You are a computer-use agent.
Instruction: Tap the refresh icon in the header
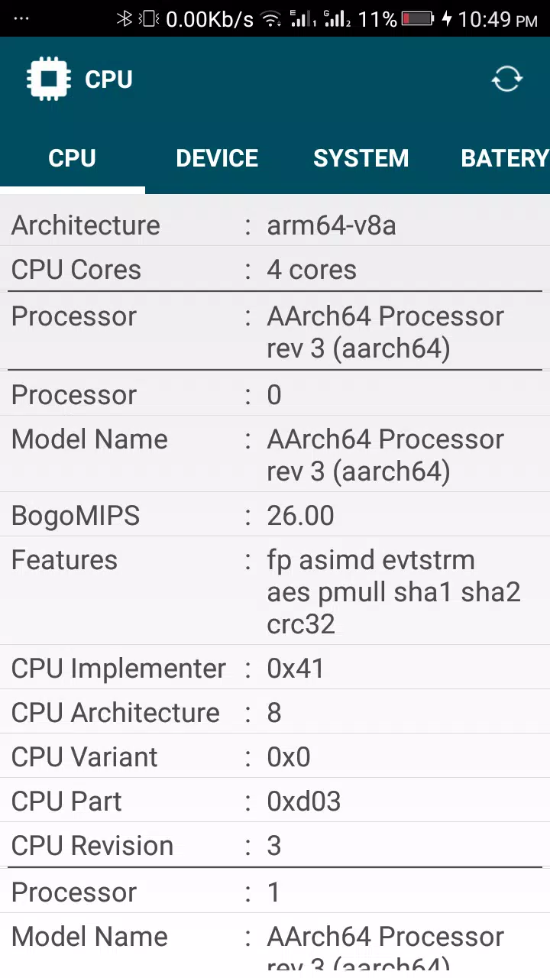pyautogui.click(x=506, y=79)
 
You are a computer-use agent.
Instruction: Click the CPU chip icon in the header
pyautogui.click(x=48, y=79)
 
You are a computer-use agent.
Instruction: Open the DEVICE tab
pyautogui.click(x=217, y=158)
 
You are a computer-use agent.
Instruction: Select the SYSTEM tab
pyautogui.click(x=361, y=158)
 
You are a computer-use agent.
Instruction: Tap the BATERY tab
pyautogui.click(x=505, y=158)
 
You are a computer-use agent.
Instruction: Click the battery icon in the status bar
pyautogui.click(x=418, y=19)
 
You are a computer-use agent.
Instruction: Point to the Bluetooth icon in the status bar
pyautogui.click(x=125, y=19)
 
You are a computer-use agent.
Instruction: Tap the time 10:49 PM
pyautogui.click(x=497, y=20)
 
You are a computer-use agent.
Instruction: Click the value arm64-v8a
pyautogui.click(x=332, y=225)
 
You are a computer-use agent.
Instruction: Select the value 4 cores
pyautogui.click(x=312, y=270)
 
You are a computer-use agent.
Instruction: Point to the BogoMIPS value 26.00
pyautogui.click(x=300, y=515)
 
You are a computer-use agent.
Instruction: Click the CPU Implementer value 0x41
pyautogui.click(x=295, y=668)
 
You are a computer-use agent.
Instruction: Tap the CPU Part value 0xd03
pyautogui.click(x=303, y=802)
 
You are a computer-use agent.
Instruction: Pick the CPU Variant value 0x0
pyautogui.click(x=289, y=756)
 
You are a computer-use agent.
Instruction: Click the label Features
pyautogui.click(x=64, y=560)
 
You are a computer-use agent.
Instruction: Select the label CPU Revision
pyautogui.click(x=92, y=846)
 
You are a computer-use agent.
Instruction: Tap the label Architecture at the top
pyautogui.click(x=86, y=225)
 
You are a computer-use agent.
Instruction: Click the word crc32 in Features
pyautogui.click(x=301, y=624)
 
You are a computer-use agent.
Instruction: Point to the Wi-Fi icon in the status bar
pyautogui.click(x=271, y=19)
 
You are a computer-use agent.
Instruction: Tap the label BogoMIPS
pyautogui.click(x=76, y=516)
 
